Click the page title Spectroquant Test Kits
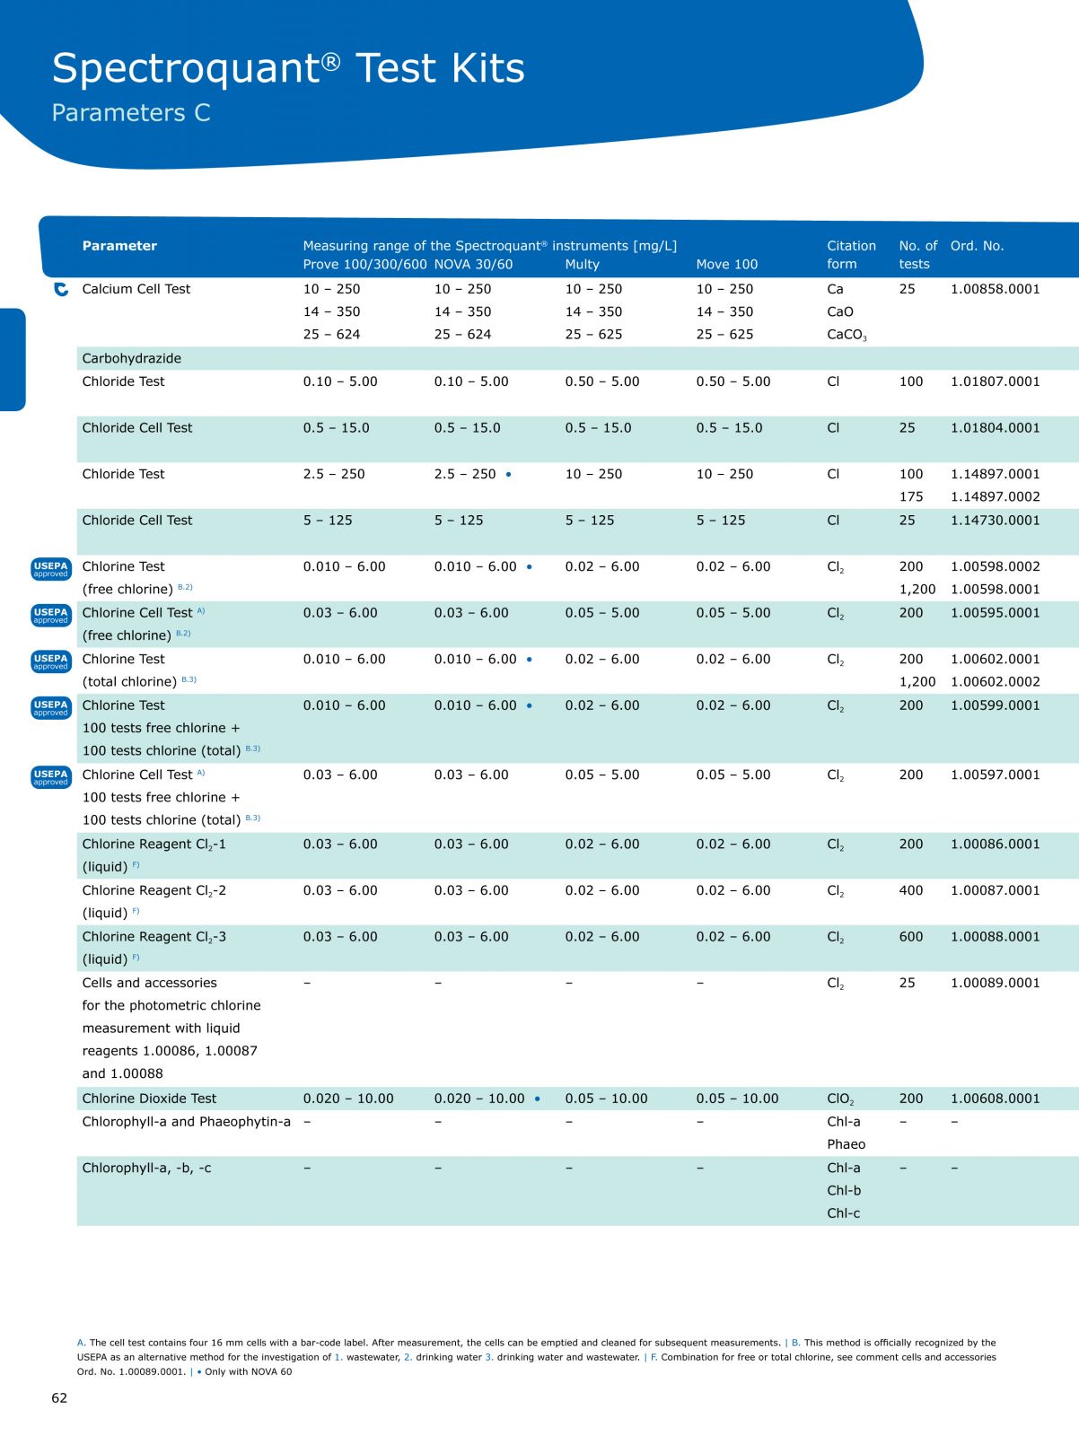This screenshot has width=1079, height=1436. pos(288,67)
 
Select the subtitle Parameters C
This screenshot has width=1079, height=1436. pos(131,112)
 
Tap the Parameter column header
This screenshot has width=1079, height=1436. pos(119,245)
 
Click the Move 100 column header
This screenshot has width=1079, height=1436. pos(726,264)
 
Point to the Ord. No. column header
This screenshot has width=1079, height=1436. pos(977,245)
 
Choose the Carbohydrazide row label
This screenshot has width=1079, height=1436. pos(132,358)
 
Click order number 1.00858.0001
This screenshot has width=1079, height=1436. pos(995,288)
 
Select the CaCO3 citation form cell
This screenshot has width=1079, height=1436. pos(847,334)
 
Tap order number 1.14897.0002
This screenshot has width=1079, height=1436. pos(995,496)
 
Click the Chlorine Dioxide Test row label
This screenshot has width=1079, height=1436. pos(148,1098)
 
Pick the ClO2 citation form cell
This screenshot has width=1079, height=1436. pos(840,1099)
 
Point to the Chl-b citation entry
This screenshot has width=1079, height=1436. pos(844,1190)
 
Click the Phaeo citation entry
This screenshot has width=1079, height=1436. pos(846,1143)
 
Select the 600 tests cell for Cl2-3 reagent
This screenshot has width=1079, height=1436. pos(910,936)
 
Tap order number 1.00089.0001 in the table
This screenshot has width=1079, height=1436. pos(995,982)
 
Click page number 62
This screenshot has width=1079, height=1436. pos(59,1397)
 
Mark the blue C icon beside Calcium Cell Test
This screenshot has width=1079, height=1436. pos(61,289)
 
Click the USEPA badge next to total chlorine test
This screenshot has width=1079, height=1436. pos(51,661)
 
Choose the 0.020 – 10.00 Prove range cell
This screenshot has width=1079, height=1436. pos(348,1098)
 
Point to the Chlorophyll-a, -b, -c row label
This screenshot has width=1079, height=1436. pos(146,1167)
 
